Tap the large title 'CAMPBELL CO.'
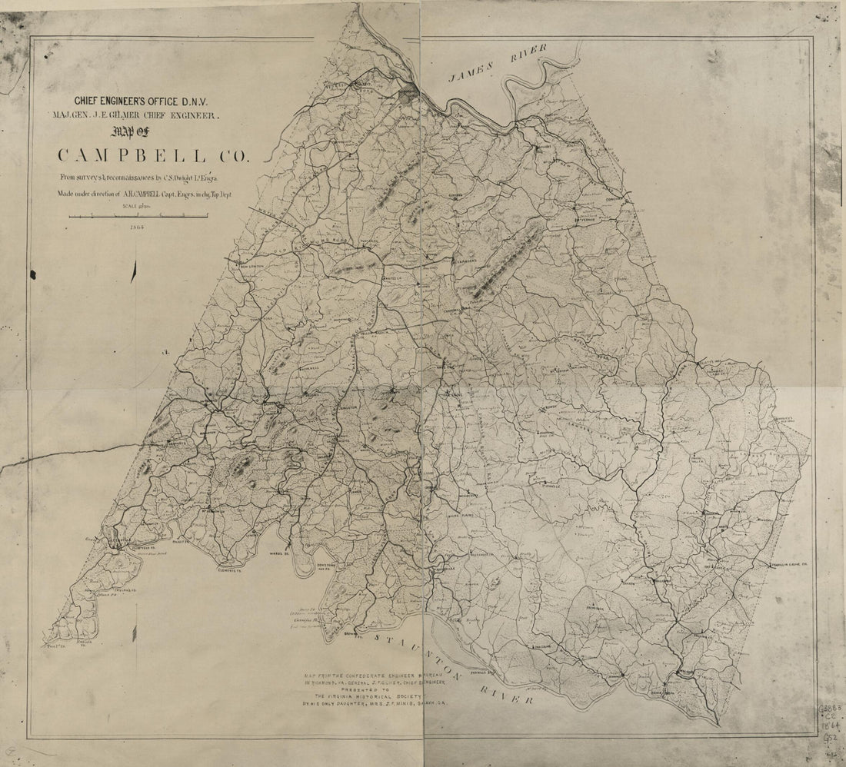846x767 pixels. point(154,156)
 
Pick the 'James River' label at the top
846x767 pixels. point(498,64)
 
